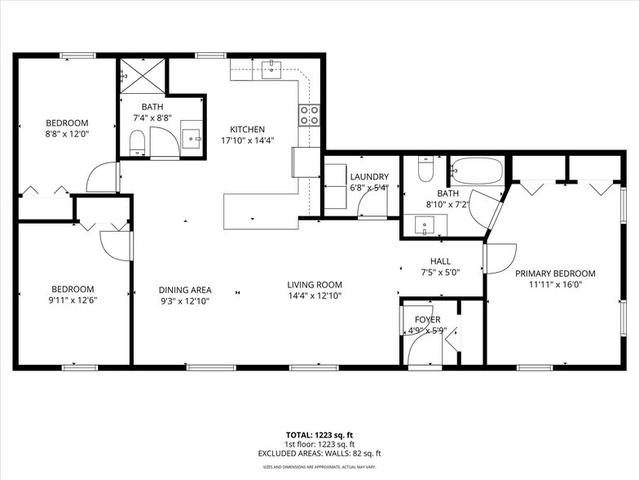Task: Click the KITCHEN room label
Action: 247,130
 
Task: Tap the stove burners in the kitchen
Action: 309,115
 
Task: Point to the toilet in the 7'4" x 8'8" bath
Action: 137,143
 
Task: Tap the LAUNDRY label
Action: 368,177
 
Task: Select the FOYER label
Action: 427,320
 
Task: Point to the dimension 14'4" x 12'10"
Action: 315,296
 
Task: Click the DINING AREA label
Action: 185,290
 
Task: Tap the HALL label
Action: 441,261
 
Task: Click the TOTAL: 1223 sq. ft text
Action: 320,435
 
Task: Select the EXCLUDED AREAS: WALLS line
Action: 320,453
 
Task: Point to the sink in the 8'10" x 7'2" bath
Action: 423,224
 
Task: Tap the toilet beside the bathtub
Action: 425,170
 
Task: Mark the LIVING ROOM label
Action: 315,285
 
